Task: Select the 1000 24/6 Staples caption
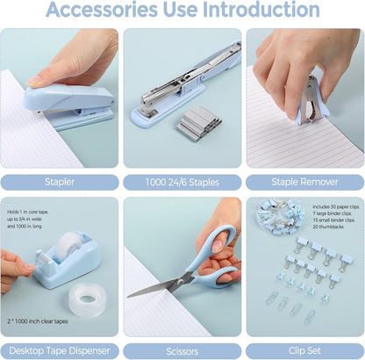(182, 183)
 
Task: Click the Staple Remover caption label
(304, 183)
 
